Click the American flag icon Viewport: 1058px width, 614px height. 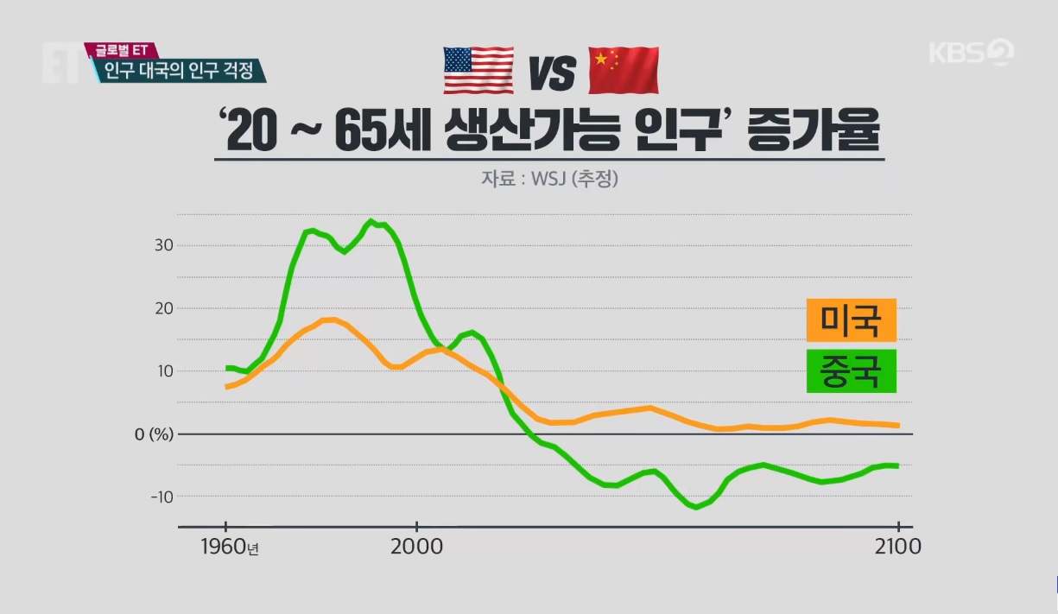click(x=478, y=71)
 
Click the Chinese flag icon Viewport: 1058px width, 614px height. click(x=624, y=71)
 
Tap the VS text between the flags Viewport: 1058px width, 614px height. click(x=551, y=73)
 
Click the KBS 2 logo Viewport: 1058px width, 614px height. click(x=971, y=53)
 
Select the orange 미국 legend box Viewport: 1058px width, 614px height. click(x=851, y=321)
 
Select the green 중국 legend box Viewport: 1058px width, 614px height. click(x=851, y=371)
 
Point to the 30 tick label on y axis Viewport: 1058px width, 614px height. click(x=164, y=245)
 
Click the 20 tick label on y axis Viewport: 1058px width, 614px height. click(x=164, y=308)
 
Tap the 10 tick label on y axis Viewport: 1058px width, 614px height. click(x=164, y=371)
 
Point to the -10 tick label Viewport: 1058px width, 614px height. click(x=161, y=497)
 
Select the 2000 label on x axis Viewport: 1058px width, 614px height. click(x=416, y=548)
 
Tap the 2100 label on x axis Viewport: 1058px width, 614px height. click(x=898, y=548)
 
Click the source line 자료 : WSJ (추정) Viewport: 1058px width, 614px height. click(x=550, y=180)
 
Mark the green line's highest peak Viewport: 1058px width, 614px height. click(x=371, y=221)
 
